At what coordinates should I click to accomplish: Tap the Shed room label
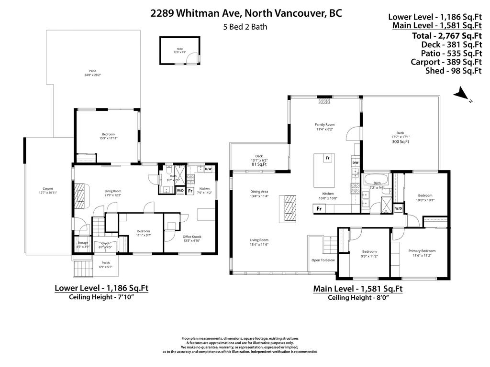pyautogui.click(x=179, y=50)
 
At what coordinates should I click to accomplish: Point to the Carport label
pyautogui.click(x=47, y=190)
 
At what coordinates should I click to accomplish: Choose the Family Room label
pyautogui.click(x=324, y=127)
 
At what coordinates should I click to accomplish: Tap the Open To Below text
pyautogui.click(x=323, y=260)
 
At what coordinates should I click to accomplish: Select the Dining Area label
pyautogui.click(x=259, y=194)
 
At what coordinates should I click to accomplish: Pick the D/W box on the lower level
pyautogui.click(x=208, y=169)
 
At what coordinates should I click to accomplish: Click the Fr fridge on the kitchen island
pyautogui.click(x=328, y=158)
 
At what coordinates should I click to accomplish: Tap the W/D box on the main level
pyautogui.click(x=398, y=208)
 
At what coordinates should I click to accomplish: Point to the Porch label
pyautogui.click(x=105, y=264)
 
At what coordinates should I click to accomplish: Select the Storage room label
pyautogui.click(x=82, y=245)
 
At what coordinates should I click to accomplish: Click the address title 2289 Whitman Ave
pyautogui.click(x=246, y=13)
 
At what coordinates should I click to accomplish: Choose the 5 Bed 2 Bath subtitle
pyautogui.click(x=245, y=27)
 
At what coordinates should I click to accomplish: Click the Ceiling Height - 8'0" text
pyautogui.click(x=357, y=298)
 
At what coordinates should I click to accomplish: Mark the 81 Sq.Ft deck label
pyautogui.click(x=259, y=164)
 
